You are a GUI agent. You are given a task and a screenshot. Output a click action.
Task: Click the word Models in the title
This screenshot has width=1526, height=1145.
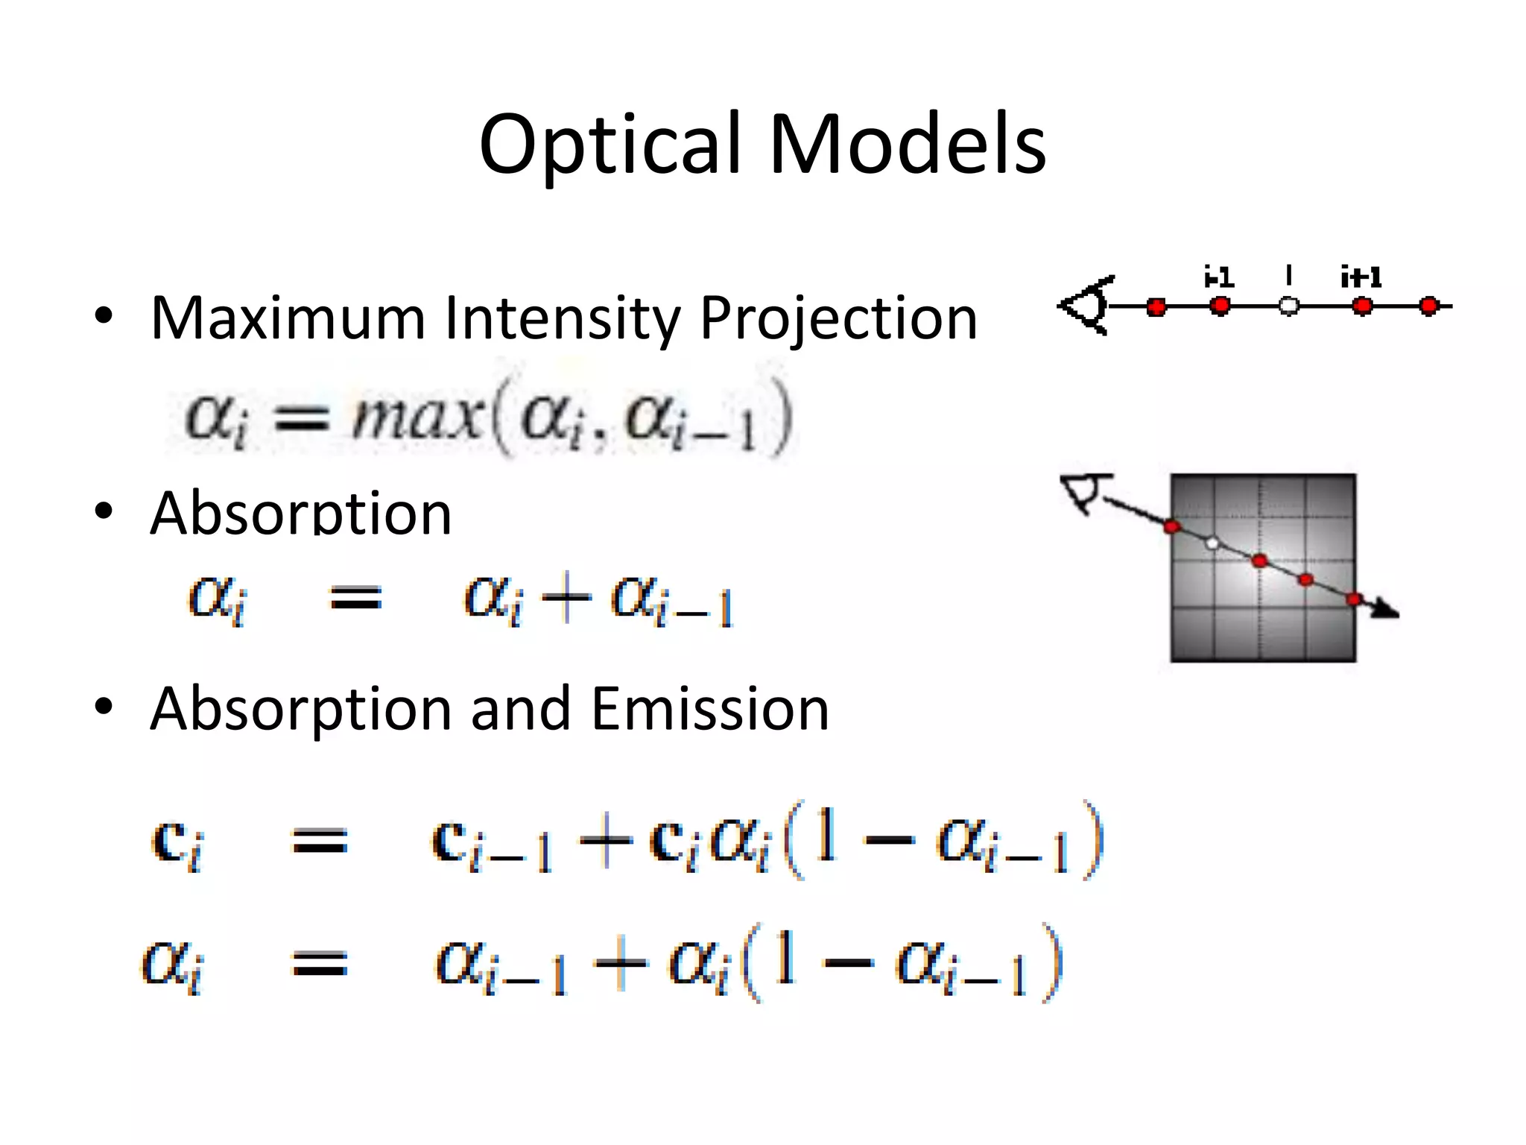pos(907,145)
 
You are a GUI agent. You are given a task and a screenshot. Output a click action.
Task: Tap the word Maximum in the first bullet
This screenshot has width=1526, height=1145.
pos(287,318)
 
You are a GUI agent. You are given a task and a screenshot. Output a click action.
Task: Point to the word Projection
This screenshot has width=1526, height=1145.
pos(838,318)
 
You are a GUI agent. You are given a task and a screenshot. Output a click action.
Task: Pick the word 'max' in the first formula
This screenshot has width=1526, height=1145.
pos(417,417)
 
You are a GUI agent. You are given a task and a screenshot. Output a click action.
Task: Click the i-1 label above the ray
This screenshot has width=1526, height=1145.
pos(1219,278)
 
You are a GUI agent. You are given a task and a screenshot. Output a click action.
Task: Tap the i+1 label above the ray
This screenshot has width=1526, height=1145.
pos(1361,278)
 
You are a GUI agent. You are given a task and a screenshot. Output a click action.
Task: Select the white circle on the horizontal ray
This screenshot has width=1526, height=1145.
pos(1288,306)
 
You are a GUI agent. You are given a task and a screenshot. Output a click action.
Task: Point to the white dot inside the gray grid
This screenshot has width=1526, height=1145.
pos(1212,543)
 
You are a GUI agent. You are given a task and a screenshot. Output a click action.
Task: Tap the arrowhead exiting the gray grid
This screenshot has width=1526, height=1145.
pos(1386,610)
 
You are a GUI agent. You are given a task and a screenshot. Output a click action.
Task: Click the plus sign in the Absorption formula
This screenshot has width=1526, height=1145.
pos(566,598)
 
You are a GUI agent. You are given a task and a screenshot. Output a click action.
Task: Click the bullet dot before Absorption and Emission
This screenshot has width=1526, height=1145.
pos(104,707)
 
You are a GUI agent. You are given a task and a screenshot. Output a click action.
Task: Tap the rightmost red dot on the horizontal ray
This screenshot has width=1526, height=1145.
pos(1428,306)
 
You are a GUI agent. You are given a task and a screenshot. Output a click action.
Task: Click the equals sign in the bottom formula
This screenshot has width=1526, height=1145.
pos(320,963)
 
